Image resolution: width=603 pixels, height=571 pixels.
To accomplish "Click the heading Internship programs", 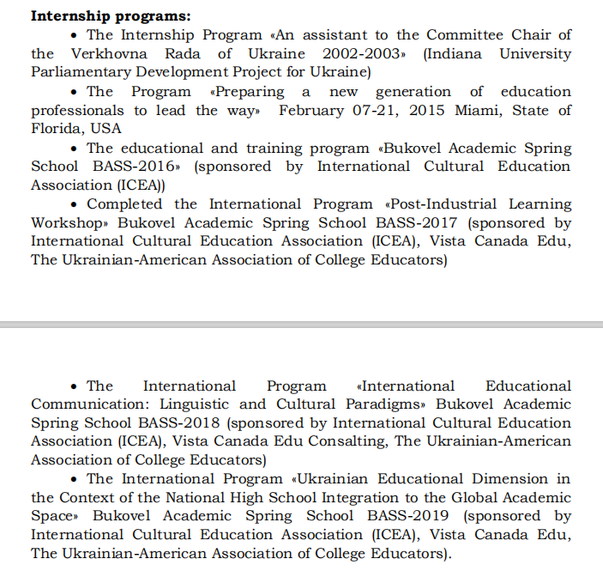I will pyautogui.click(x=111, y=15).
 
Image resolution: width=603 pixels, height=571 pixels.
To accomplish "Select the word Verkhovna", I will pyautogui.click(x=106, y=53).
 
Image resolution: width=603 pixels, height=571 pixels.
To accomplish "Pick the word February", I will pyautogui.click(x=312, y=110).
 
